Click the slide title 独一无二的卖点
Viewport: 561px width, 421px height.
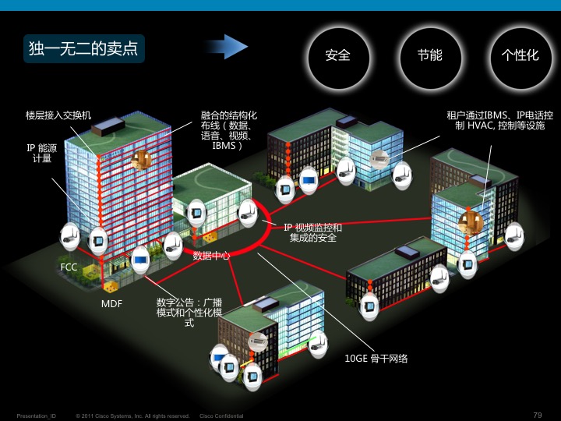point(83,48)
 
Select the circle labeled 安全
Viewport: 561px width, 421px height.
point(337,55)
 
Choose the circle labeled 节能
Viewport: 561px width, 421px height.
point(429,55)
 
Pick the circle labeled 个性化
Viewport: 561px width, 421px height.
point(520,55)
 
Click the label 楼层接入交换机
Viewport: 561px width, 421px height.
point(58,115)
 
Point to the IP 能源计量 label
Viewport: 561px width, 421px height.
point(42,152)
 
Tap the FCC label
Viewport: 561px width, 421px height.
point(69,267)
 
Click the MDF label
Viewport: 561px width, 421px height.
point(111,302)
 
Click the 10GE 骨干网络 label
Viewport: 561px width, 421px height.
point(376,359)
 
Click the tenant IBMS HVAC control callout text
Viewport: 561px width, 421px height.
point(500,120)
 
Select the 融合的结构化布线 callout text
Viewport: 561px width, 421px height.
point(228,130)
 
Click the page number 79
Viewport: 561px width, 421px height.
point(537,415)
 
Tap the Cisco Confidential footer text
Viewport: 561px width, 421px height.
point(222,416)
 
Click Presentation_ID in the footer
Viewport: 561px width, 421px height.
point(37,416)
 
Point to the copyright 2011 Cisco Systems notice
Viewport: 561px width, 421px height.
point(132,416)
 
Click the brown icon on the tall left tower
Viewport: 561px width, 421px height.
point(141,160)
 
